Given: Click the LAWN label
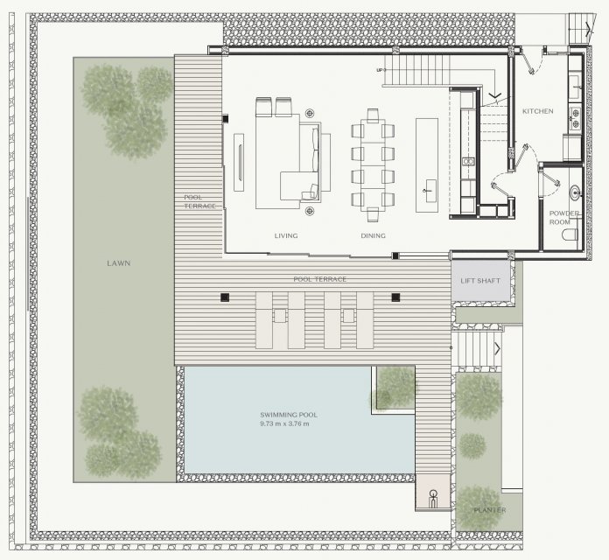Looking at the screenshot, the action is pyautogui.click(x=118, y=263).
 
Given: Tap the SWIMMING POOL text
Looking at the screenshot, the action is pyautogui.click(x=289, y=415).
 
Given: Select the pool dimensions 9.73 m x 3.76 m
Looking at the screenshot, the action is pyautogui.click(x=284, y=423).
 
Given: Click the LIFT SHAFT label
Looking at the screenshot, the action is pyautogui.click(x=480, y=281).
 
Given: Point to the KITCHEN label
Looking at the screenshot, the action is pyautogui.click(x=537, y=111).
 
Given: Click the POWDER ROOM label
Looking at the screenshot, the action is pyautogui.click(x=564, y=218).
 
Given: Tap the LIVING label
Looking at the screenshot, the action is pyautogui.click(x=286, y=235).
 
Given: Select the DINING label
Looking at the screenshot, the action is pyautogui.click(x=373, y=235).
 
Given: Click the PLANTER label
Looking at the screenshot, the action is pyautogui.click(x=490, y=510).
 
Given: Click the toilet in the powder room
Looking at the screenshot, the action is pyautogui.click(x=570, y=234).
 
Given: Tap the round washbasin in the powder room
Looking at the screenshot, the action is pyautogui.click(x=575, y=192).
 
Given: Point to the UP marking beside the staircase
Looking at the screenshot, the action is pyautogui.click(x=380, y=70).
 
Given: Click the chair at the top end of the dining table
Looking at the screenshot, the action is pyautogui.click(x=373, y=115).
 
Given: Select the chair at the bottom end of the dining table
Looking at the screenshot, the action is pyautogui.click(x=373, y=214).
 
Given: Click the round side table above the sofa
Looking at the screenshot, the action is pyautogui.click(x=310, y=114).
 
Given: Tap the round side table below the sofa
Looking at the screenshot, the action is pyautogui.click(x=310, y=211).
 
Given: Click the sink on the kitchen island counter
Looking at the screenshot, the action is pyautogui.click(x=430, y=191).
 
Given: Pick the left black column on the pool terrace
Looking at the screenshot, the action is pyautogui.click(x=225, y=297).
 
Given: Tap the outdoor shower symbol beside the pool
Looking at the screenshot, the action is pyautogui.click(x=433, y=498).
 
